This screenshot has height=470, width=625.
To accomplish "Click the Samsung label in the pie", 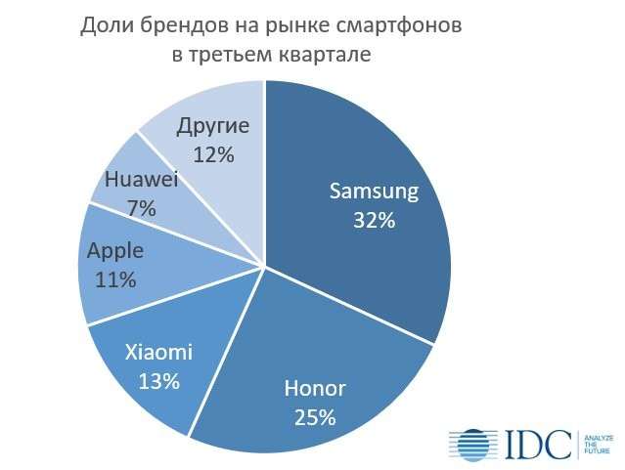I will pos(373,191).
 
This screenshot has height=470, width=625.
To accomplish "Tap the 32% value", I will pos(374,220).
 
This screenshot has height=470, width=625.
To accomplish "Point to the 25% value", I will pos(314,417).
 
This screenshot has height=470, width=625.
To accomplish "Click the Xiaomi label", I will pos(158,352).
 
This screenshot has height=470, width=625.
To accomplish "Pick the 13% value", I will pos(158,381).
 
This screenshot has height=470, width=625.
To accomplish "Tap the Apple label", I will pos(115,251).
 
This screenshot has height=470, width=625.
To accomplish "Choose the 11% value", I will pos(115,280).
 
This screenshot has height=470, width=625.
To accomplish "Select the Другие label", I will pos(214,126).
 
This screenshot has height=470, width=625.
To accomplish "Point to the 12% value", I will pos(213,154).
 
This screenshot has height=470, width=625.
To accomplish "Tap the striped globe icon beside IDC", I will pos(473,444).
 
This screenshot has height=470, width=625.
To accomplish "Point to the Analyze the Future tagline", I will pos(596,444).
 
